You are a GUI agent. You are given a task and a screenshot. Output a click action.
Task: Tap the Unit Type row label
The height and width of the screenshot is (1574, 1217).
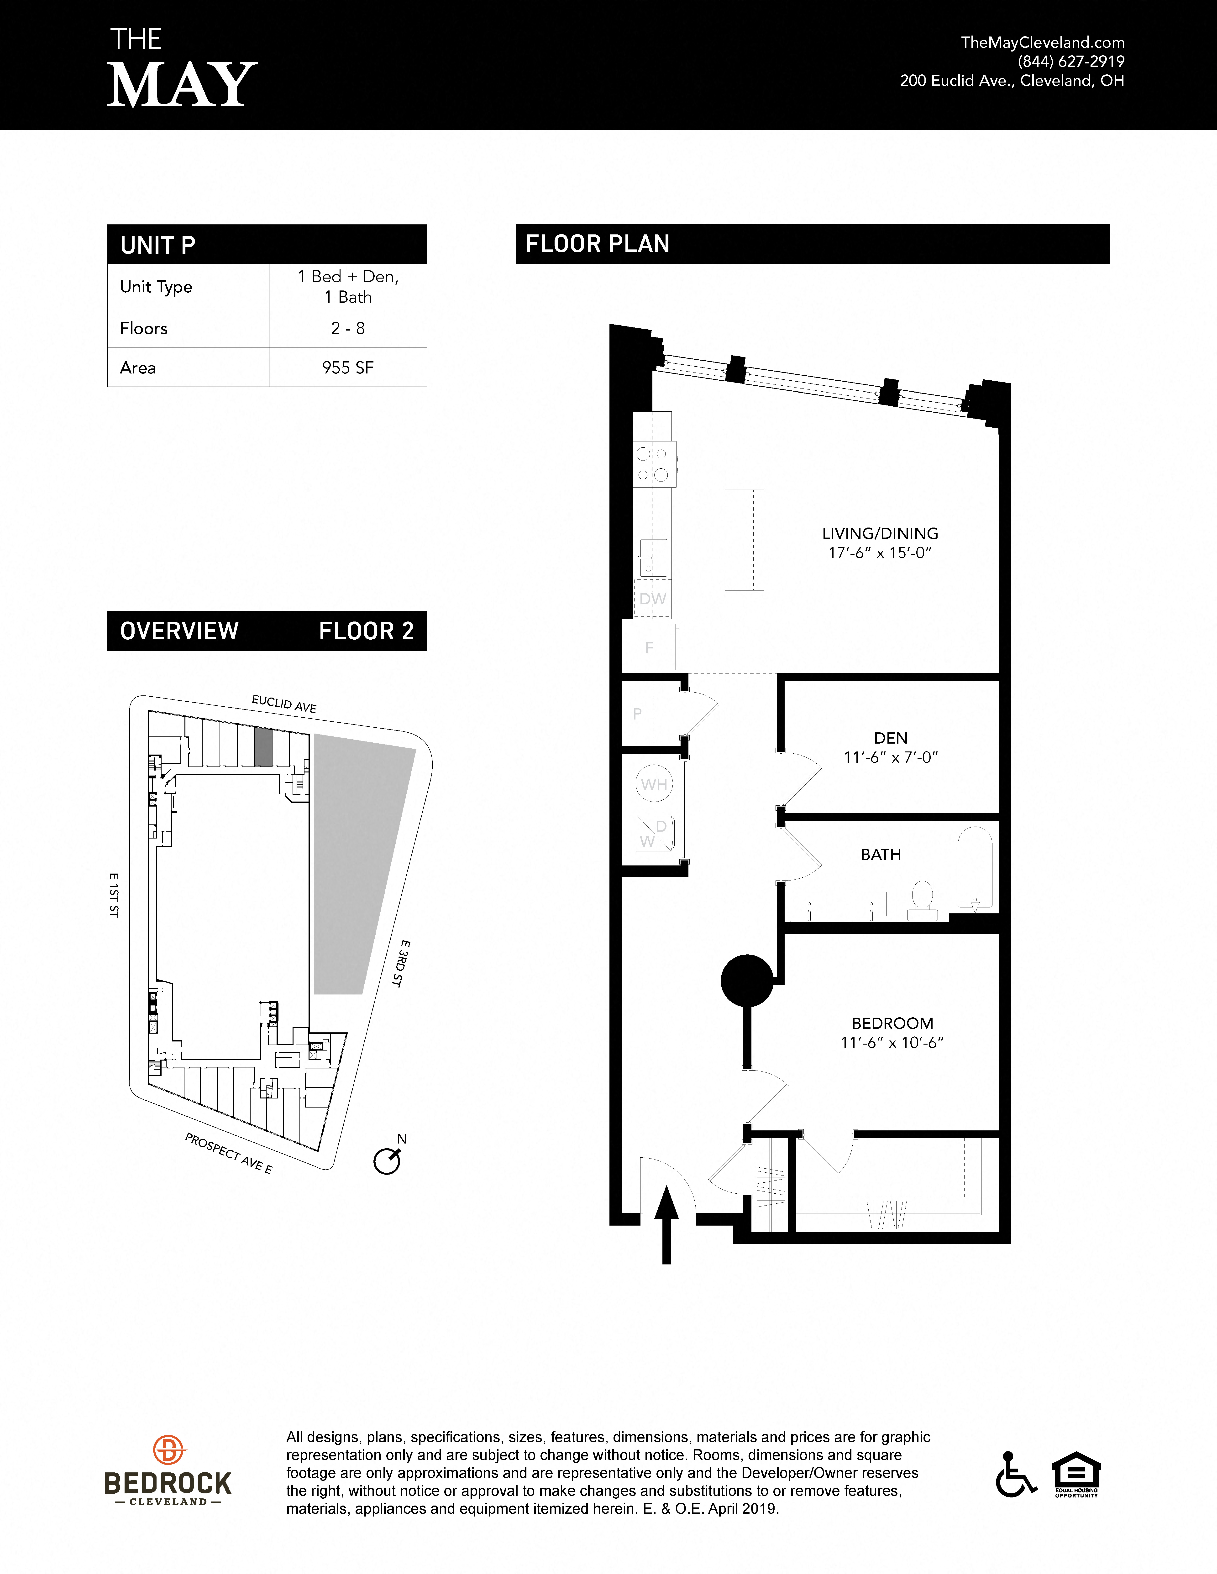(x=157, y=287)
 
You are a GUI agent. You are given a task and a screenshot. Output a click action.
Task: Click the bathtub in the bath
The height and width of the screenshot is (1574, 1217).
(x=973, y=868)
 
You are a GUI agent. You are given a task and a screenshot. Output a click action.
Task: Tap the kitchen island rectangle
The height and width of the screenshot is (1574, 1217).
(x=744, y=540)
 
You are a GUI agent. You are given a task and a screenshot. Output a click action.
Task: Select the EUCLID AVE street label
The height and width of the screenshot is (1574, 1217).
(x=284, y=703)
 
